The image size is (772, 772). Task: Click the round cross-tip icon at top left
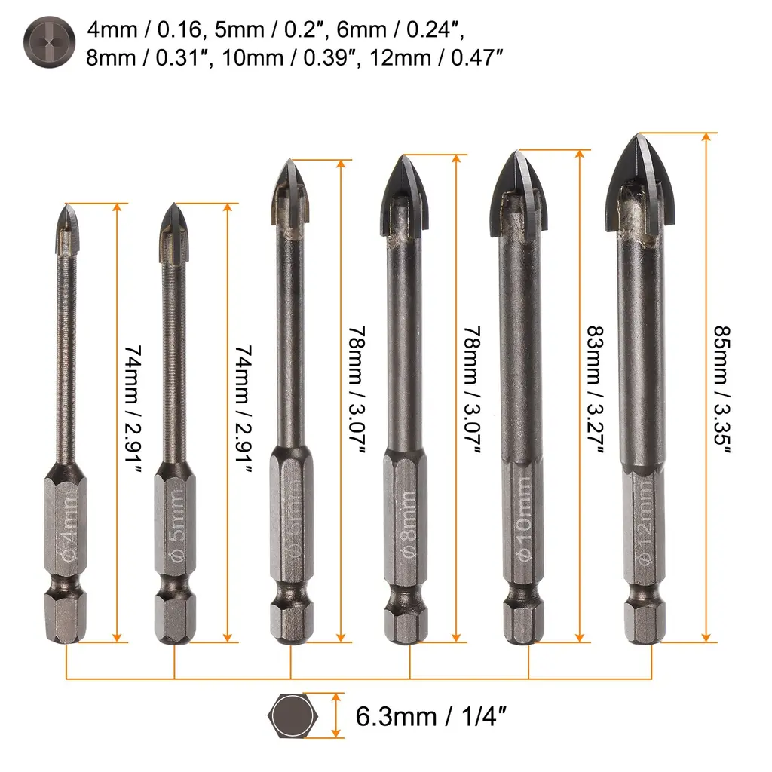tap(49, 42)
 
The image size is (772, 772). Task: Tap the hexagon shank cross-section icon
tap(293, 716)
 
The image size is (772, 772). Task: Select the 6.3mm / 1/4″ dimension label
tap(430, 717)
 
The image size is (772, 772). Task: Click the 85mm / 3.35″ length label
tap(722, 389)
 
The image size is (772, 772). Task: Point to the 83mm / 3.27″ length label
tap(596, 389)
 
